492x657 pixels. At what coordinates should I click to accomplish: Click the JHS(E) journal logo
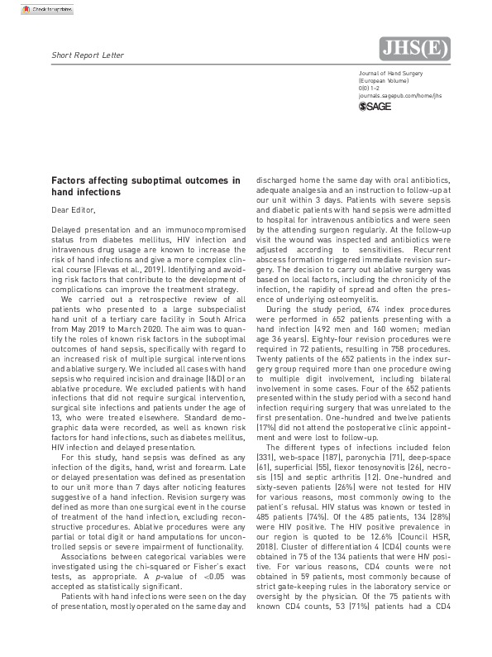413,50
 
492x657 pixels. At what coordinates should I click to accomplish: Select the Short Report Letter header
88,55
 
